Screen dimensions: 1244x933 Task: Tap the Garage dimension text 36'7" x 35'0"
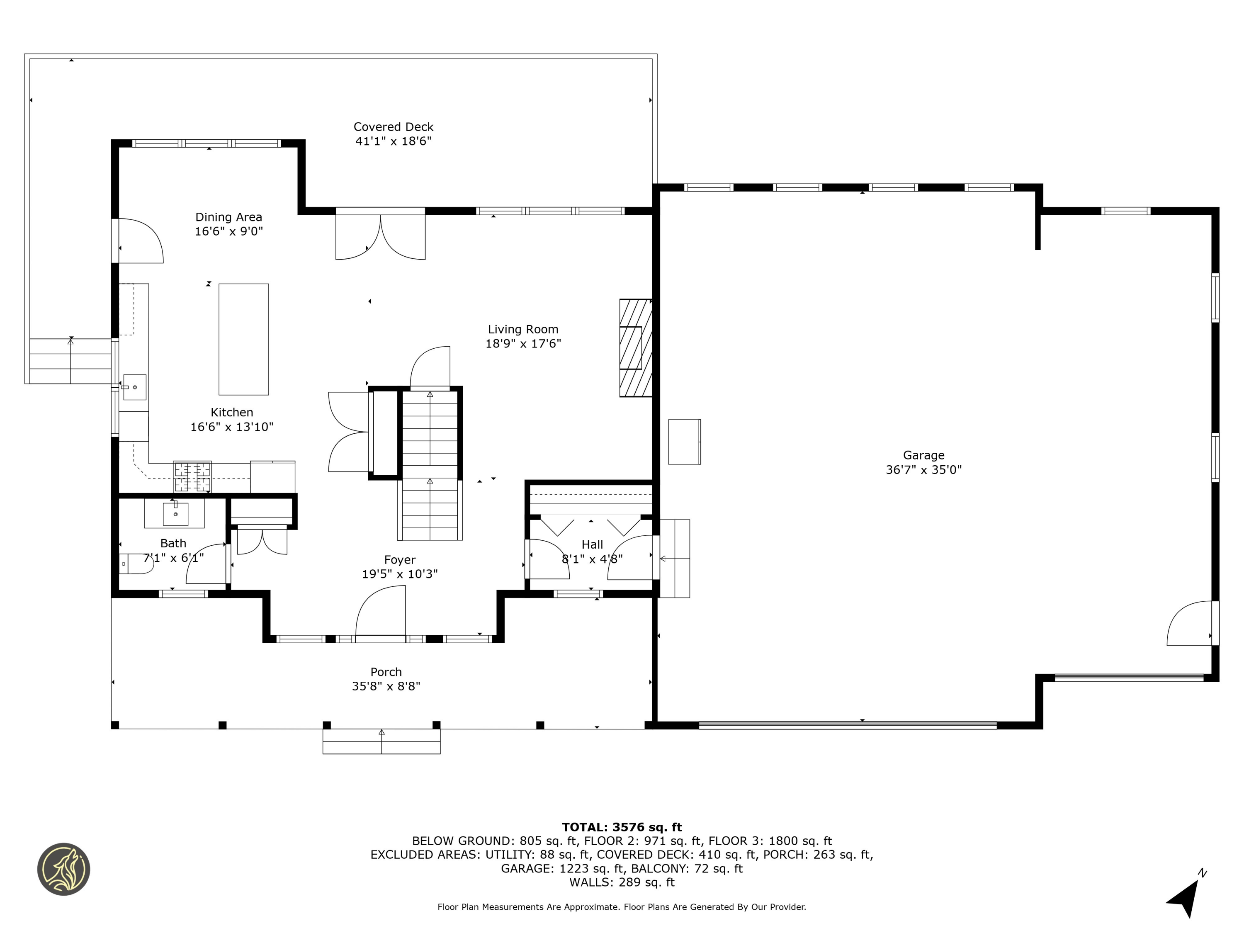coord(923,469)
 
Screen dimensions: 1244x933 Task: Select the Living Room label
coord(523,330)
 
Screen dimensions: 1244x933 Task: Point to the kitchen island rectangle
coord(243,339)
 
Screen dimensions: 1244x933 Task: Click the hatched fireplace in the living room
coord(636,347)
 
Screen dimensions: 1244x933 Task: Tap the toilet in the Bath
coord(137,564)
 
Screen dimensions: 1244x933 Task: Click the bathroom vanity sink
coord(175,513)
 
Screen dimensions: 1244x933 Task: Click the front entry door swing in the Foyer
coord(380,611)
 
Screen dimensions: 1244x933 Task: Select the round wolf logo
coord(63,869)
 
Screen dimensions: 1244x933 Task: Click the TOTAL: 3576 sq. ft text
coord(622,827)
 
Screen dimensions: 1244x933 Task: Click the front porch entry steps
coord(381,741)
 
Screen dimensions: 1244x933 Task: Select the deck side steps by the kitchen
coord(70,361)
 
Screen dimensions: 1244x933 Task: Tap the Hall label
coord(592,544)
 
